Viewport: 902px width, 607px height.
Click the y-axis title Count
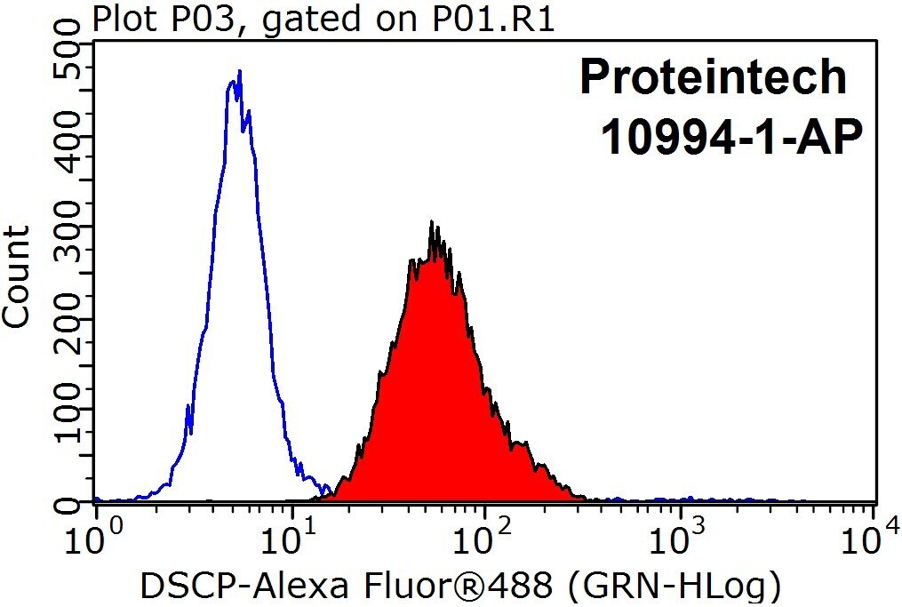click(15, 277)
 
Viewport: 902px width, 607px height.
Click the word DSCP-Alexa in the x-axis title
click(245, 586)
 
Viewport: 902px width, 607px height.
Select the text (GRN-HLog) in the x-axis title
click(675, 587)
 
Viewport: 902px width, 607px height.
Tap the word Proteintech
click(713, 76)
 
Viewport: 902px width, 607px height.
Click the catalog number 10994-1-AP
click(731, 137)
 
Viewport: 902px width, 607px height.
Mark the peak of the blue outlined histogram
click(239, 70)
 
